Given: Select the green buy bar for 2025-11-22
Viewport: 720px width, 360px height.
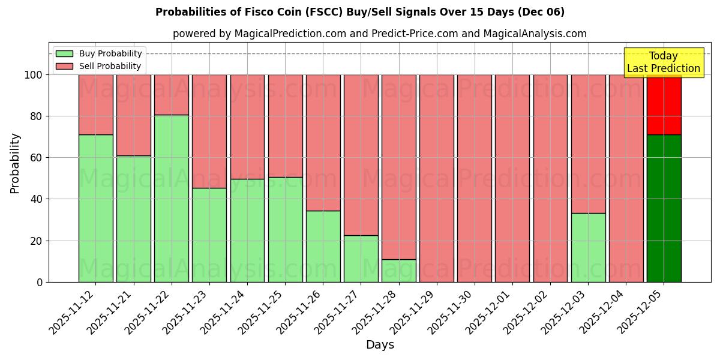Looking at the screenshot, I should (x=171, y=198).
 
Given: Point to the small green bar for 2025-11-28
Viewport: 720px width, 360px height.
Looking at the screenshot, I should (x=398, y=271).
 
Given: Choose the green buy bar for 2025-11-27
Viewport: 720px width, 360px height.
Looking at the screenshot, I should (x=361, y=259).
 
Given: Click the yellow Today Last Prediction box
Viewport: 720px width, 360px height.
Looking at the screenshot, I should (x=663, y=62).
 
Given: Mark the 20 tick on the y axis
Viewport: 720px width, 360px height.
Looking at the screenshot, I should (x=37, y=241).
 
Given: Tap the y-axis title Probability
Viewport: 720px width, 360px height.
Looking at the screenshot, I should (x=15, y=163).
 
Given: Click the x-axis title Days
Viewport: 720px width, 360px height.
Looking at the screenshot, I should (x=380, y=345).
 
